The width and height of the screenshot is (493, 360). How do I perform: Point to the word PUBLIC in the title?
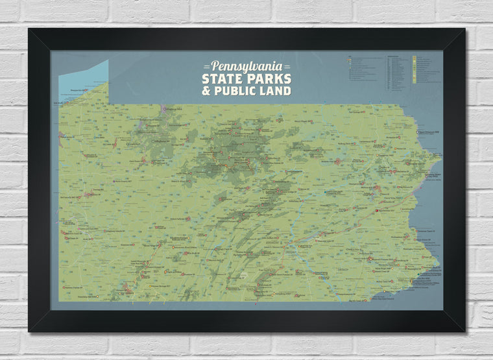238,91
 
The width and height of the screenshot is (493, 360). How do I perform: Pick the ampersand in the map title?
207,91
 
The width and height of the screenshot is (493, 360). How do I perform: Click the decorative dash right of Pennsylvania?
287,67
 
